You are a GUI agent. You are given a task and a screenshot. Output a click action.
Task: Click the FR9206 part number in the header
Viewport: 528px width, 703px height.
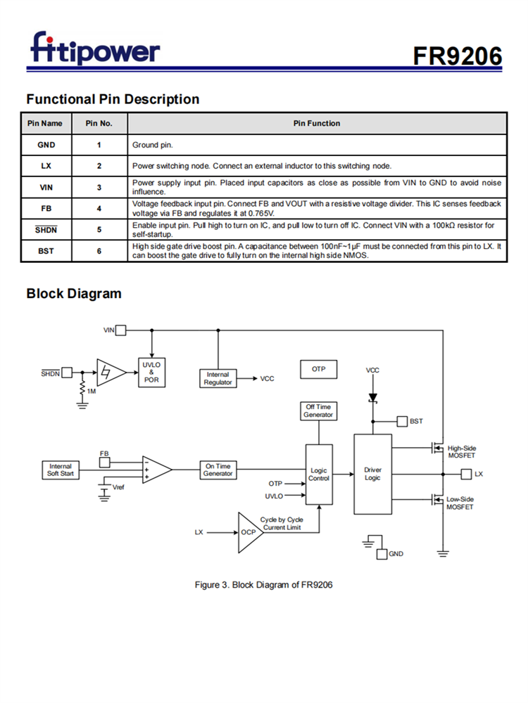[x=457, y=56]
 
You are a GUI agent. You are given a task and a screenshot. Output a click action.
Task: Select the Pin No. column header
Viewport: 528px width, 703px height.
[x=99, y=124]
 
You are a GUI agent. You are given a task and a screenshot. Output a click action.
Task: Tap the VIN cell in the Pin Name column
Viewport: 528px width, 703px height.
[x=46, y=187]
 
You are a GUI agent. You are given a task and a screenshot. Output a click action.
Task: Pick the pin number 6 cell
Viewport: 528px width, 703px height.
[x=99, y=251]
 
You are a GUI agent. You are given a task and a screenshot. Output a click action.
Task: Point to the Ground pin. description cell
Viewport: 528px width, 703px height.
[x=153, y=146]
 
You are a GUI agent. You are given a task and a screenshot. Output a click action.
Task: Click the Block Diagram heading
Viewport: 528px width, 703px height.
[x=73, y=294]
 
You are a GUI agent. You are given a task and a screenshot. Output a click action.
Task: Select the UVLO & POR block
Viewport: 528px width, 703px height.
[x=151, y=372]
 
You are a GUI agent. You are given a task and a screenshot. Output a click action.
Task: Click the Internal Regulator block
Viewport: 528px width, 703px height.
[x=218, y=378]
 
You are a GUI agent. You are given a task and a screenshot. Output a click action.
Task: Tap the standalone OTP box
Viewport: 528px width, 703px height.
[x=319, y=369]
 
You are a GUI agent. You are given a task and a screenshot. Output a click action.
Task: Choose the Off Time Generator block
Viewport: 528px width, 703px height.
[x=318, y=411]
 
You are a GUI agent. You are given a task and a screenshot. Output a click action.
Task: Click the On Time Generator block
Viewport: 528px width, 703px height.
[x=218, y=470]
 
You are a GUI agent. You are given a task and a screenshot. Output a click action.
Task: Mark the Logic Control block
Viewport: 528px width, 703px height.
[x=319, y=475]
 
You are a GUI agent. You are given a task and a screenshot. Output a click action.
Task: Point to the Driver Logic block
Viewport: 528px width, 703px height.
[x=372, y=474]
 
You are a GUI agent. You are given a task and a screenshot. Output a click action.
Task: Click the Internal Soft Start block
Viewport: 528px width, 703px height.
[x=61, y=470]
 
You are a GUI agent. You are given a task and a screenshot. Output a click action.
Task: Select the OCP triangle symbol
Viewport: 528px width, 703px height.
[x=249, y=532]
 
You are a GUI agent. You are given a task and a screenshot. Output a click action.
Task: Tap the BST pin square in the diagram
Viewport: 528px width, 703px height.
[x=402, y=421]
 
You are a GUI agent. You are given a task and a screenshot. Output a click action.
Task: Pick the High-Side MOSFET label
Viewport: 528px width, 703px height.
[x=462, y=452]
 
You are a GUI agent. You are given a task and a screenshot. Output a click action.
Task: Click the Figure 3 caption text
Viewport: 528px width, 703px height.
[x=263, y=584]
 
